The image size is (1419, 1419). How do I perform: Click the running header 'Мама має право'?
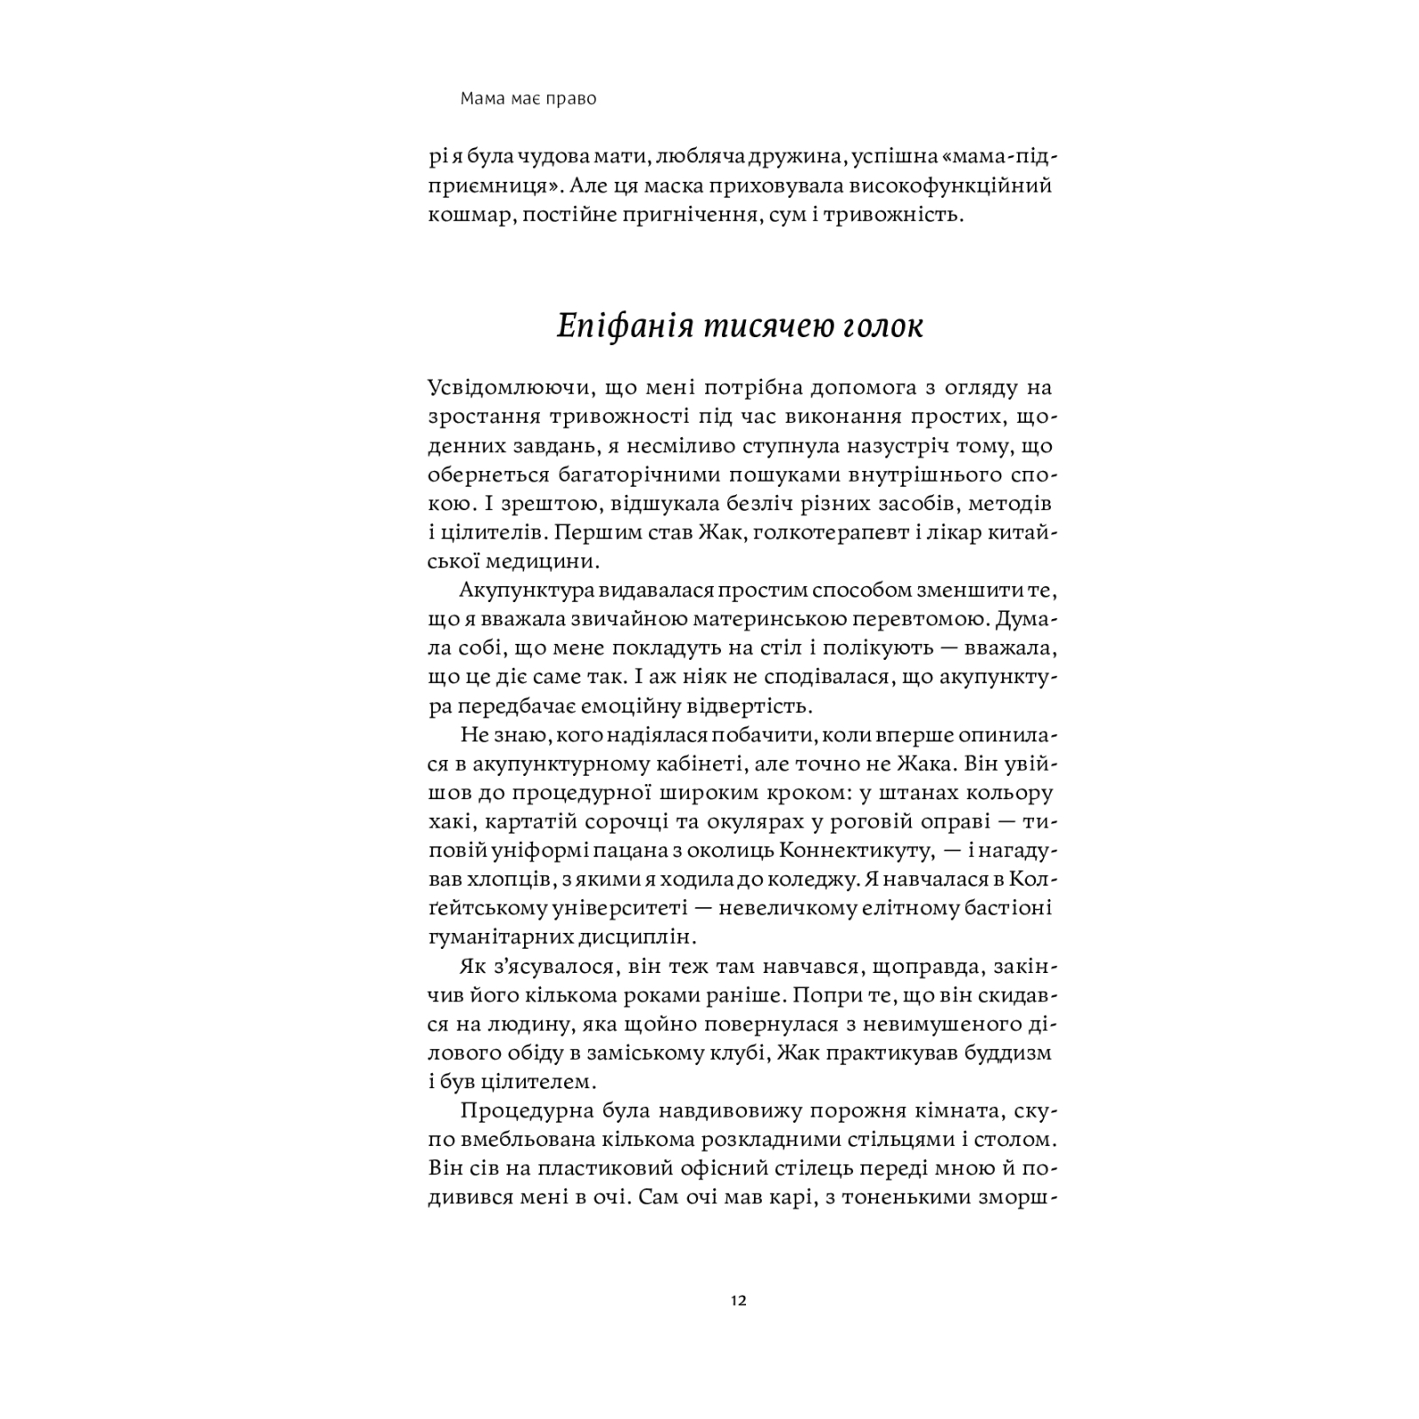pos(529,98)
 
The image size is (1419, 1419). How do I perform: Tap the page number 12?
pos(739,1301)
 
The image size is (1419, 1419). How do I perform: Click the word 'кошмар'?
pos(466,215)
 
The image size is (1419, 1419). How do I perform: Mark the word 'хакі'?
pos(447,821)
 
